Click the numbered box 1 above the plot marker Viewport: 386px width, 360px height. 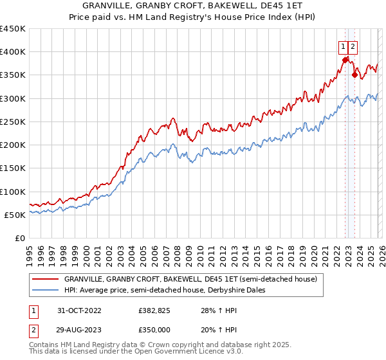(x=344, y=46)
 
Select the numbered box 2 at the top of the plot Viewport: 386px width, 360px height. (x=354, y=46)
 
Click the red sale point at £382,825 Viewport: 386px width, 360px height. (x=345, y=60)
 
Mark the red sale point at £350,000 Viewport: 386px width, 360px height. (x=354, y=75)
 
